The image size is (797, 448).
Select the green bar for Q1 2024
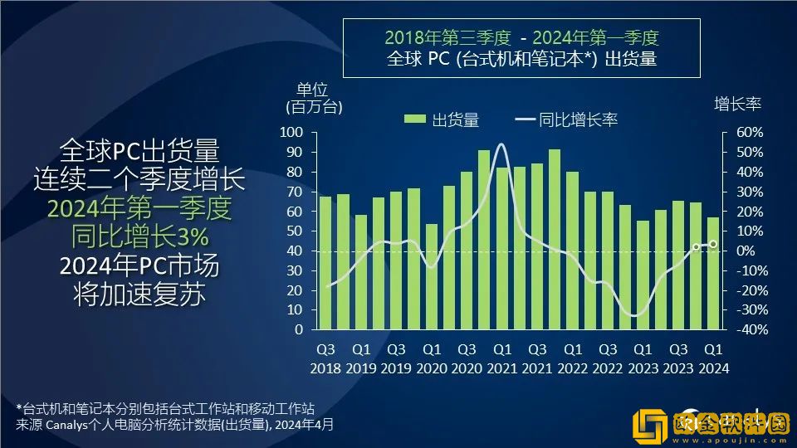(x=712, y=273)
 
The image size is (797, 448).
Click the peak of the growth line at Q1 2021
(x=501, y=144)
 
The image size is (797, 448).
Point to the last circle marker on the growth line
(x=712, y=244)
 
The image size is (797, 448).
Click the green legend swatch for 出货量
(x=415, y=119)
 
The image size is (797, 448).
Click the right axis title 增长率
(x=737, y=104)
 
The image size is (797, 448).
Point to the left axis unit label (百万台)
(x=314, y=106)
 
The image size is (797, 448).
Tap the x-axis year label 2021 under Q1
(x=501, y=369)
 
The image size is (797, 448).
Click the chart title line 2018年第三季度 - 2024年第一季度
(x=521, y=38)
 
